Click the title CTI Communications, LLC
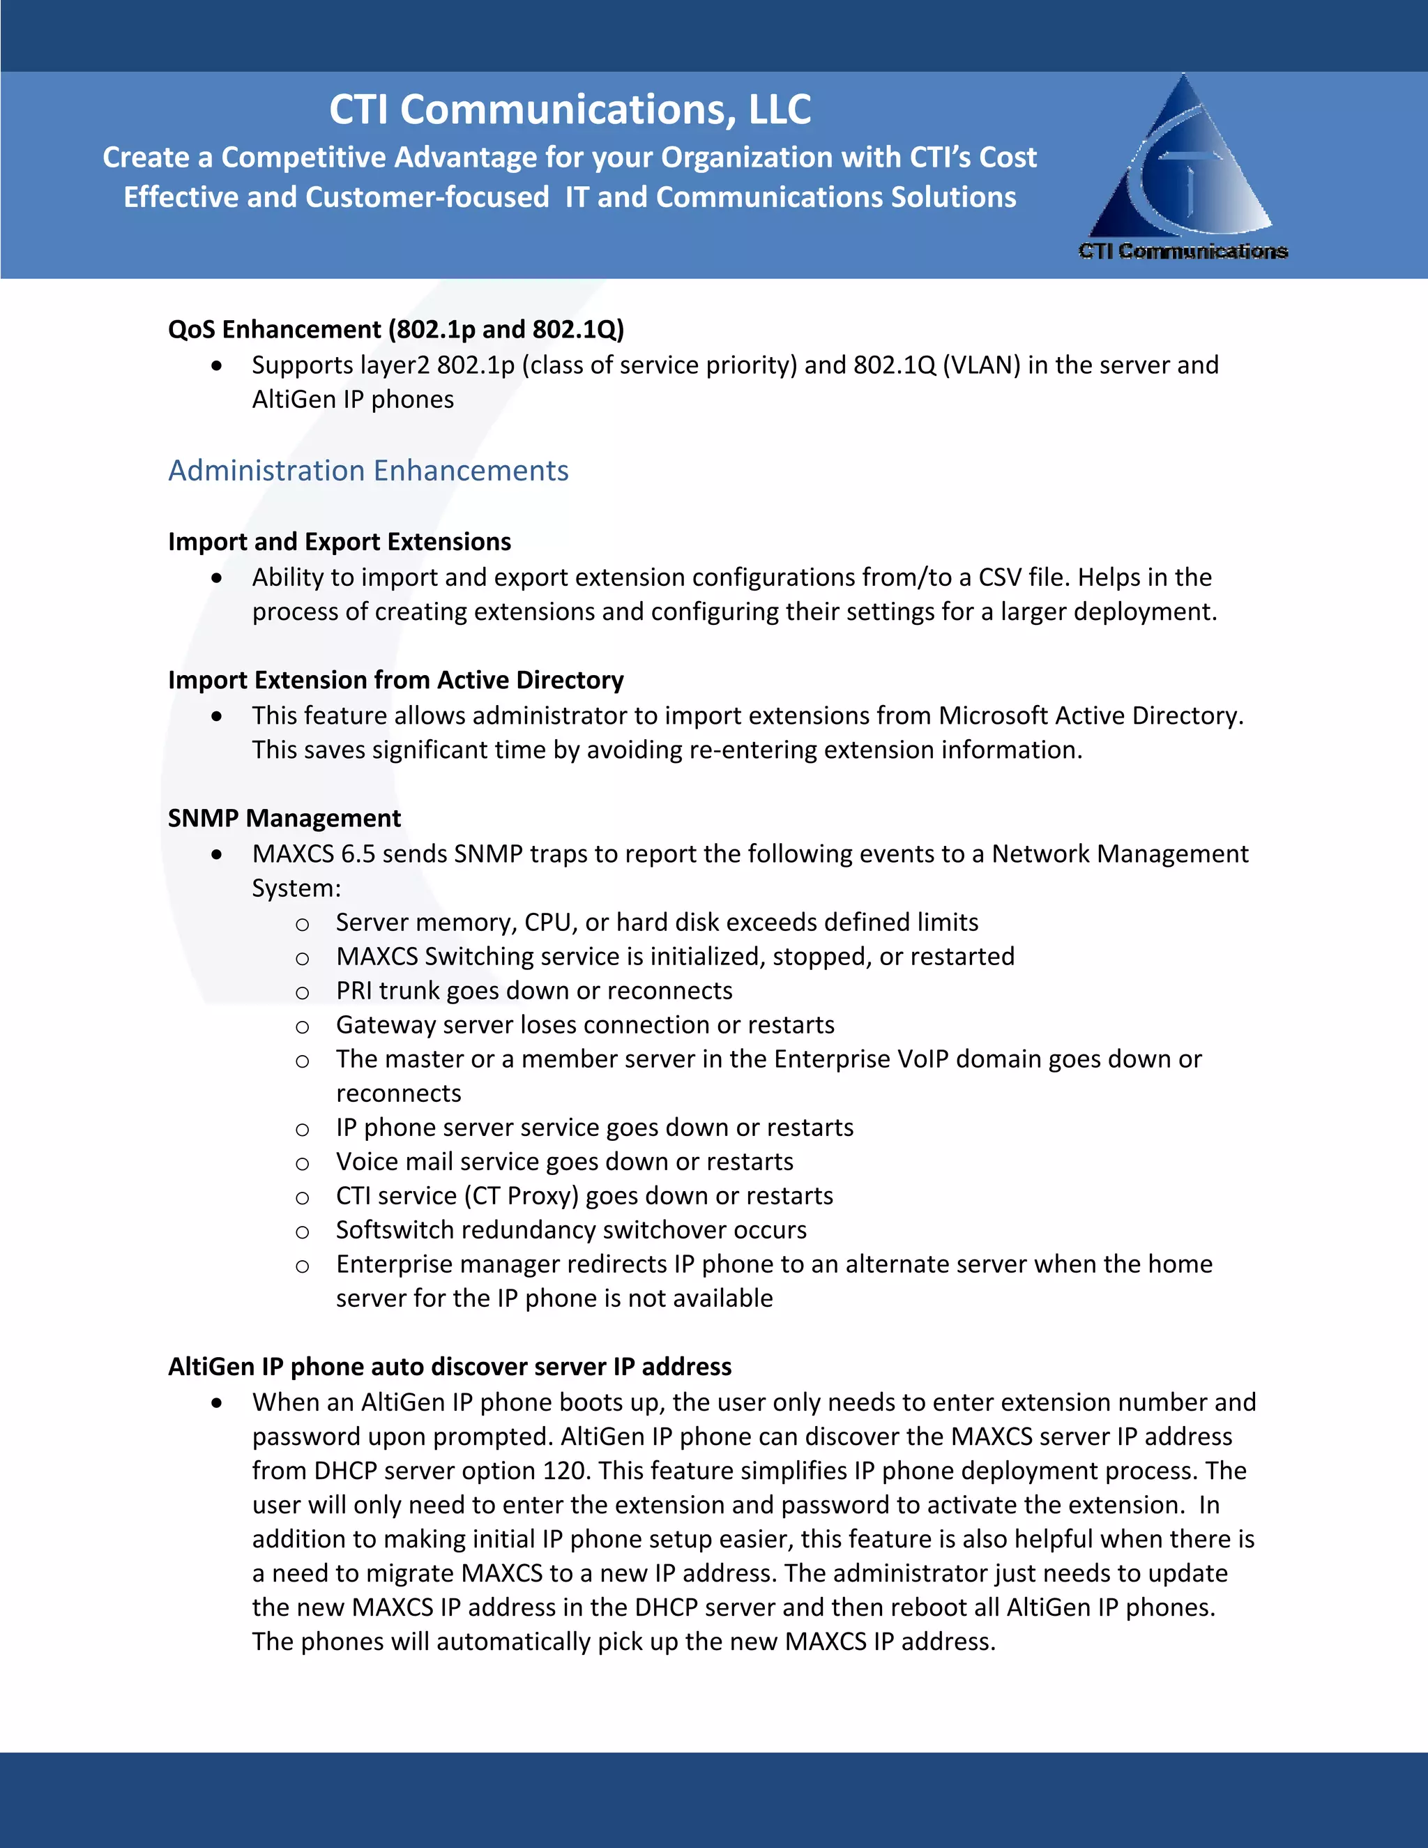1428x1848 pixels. [x=570, y=110]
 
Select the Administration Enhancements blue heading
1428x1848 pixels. [x=368, y=471]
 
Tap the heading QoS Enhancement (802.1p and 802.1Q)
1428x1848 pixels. [x=396, y=329]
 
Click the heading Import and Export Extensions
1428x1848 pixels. [x=340, y=542]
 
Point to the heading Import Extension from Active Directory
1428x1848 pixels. [x=395, y=681]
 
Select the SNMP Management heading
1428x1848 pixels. [x=284, y=818]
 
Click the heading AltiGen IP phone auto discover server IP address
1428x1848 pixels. [x=449, y=1367]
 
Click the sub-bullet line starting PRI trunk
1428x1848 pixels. [x=534, y=991]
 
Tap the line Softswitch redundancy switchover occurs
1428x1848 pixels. [x=571, y=1230]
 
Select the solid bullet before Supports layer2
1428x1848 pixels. [x=218, y=366]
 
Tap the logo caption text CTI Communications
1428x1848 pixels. [x=1183, y=251]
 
